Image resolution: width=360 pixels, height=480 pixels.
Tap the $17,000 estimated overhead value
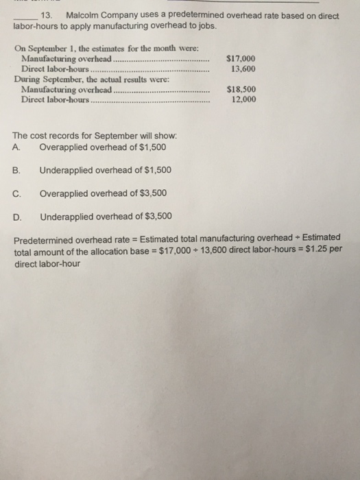[x=243, y=60]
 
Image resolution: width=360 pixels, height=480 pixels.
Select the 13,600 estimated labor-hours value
[x=245, y=69]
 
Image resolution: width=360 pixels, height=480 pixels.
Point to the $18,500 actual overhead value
[x=243, y=89]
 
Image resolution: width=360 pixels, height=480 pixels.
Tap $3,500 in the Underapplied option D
[x=156, y=217]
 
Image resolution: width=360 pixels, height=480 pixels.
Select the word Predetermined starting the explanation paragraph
[x=45, y=238]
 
